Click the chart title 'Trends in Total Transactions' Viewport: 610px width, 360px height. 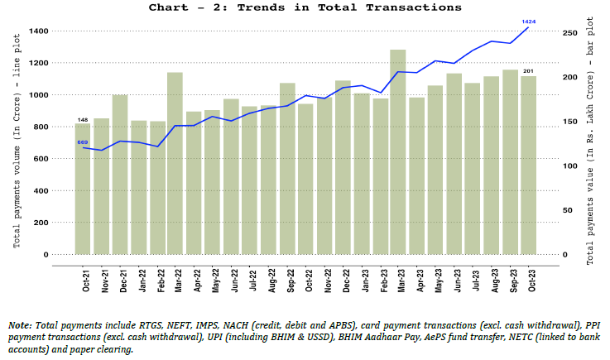coord(305,7)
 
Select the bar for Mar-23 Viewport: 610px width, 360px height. coord(398,152)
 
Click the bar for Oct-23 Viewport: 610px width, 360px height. coord(528,166)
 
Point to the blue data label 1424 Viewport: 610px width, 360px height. coord(527,21)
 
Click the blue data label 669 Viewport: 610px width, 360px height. coord(83,142)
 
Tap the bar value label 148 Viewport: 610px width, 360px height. coord(83,119)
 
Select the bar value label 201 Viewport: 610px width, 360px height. coord(528,71)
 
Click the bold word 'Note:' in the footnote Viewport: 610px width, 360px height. coord(20,325)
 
